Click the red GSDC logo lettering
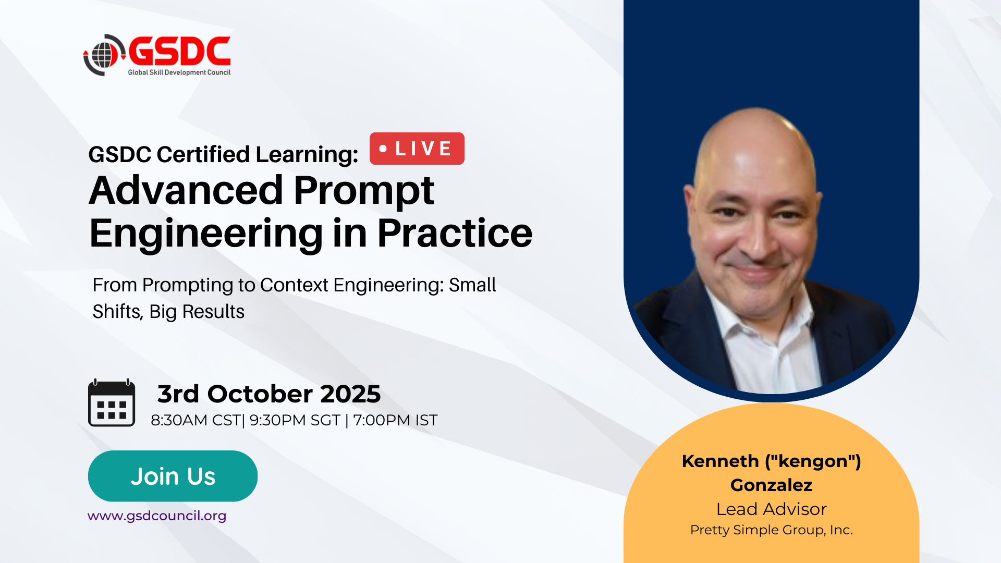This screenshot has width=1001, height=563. pyautogui.click(x=179, y=51)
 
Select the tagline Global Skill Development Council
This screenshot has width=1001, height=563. pyautogui.click(x=179, y=72)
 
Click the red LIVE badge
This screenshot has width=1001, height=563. pyautogui.click(x=417, y=149)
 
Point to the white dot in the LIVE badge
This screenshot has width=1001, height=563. pyautogui.click(x=383, y=149)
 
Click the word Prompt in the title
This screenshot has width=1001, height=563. pyautogui.click(x=364, y=191)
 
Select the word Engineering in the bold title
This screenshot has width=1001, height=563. pyautogui.click(x=206, y=234)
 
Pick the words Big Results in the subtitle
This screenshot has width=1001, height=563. pyautogui.click(x=197, y=311)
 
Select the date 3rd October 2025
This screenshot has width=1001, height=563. pyautogui.click(x=269, y=394)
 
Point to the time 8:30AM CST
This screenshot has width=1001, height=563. pyautogui.click(x=196, y=420)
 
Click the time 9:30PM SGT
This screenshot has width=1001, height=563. pyautogui.click(x=295, y=420)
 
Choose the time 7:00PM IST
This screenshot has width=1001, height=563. pyautogui.click(x=395, y=420)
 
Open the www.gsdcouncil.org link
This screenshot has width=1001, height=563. pyautogui.click(x=157, y=516)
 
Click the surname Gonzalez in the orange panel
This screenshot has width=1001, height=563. pyautogui.click(x=772, y=485)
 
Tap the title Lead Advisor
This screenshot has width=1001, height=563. pyautogui.click(x=772, y=509)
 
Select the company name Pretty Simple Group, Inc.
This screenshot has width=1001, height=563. pyautogui.click(x=772, y=530)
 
